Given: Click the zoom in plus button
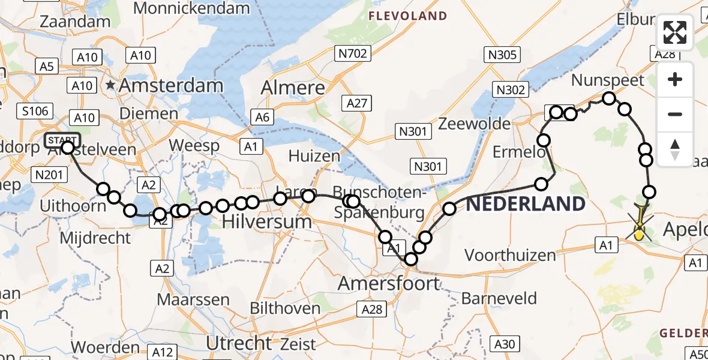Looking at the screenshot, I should (x=675, y=80).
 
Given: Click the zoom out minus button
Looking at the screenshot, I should (x=675, y=114).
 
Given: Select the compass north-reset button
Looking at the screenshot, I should (x=675, y=149).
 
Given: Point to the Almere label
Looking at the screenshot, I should (x=293, y=88).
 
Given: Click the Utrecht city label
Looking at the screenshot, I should (x=239, y=343).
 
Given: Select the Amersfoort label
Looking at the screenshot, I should (x=389, y=283).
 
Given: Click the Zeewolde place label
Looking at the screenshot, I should (x=474, y=124).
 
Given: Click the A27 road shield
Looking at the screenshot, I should (x=356, y=103).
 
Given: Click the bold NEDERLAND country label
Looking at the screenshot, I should (x=526, y=204).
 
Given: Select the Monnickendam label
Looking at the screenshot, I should (x=191, y=8).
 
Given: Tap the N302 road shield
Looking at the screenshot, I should (x=511, y=90).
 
